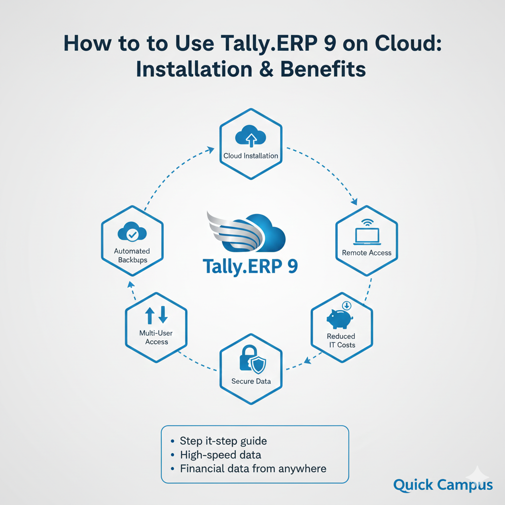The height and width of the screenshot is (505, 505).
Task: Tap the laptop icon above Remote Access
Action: tap(367, 236)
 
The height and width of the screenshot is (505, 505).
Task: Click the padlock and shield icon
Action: tap(253, 360)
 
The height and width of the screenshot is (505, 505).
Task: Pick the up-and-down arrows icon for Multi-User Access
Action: tap(156, 315)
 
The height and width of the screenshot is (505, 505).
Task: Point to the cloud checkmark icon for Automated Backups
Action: tap(132, 232)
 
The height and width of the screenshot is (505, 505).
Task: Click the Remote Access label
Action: tap(366, 253)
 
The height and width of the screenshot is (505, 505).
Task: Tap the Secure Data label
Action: tap(251, 381)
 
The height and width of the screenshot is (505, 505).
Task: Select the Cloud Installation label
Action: tap(251, 156)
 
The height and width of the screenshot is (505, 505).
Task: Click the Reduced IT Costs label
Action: tap(341, 340)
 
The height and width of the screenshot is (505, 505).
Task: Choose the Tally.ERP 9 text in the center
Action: tap(250, 267)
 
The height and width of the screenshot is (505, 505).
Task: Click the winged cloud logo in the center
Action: tap(246, 232)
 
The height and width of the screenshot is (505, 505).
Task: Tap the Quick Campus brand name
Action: tap(443, 485)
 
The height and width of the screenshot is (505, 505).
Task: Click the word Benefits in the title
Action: tap(323, 69)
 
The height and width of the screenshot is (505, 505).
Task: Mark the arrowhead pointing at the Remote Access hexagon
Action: tap(354, 201)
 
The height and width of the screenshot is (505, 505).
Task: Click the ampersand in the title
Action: tap(266, 69)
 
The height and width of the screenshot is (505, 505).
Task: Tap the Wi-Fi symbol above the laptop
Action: tap(367, 222)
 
